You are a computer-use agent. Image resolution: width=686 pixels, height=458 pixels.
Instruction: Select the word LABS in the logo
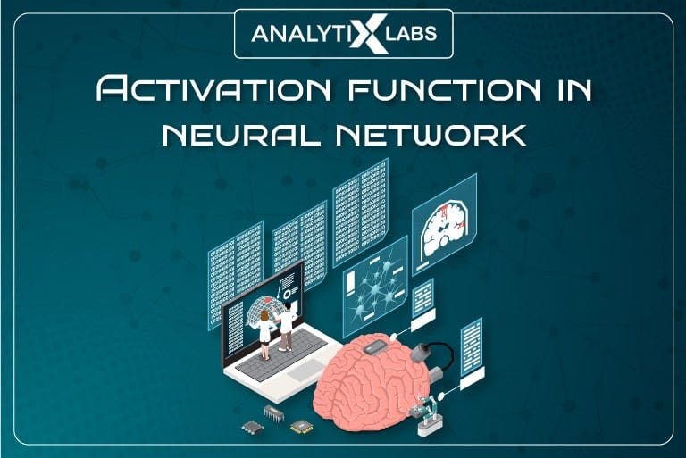click(x=412, y=34)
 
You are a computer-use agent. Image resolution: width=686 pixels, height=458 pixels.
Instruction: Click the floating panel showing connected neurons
click(x=374, y=287)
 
